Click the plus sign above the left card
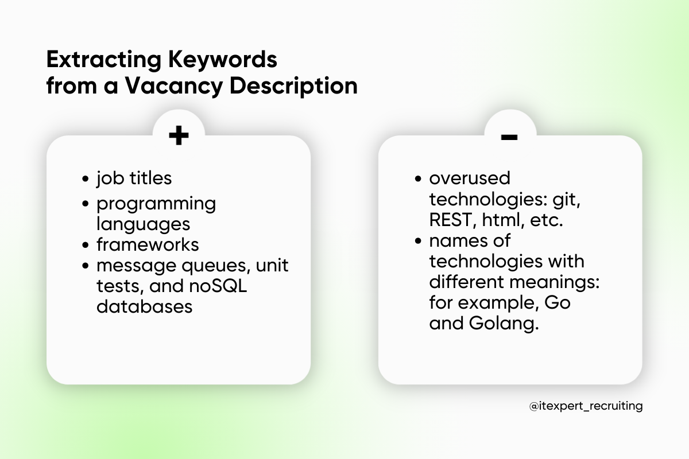pyautogui.click(x=179, y=136)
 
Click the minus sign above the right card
pyautogui.click(x=509, y=137)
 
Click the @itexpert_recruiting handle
pyautogui.click(x=586, y=406)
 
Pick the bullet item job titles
pyautogui.click(x=134, y=178)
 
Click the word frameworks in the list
pyautogui.click(x=148, y=244)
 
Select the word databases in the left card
pyautogui.click(x=144, y=306)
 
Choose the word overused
pyautogui.click(x=470, y=178)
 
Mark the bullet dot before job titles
pyautogui.click(x=86, y=178)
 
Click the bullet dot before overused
pyautogui.click(x=419, y=178)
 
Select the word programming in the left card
pyautogui.click(x=156, y=204)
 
